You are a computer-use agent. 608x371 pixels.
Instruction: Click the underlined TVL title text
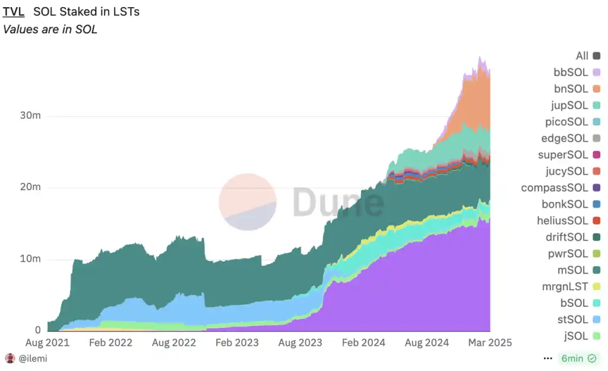[x=14, y=11]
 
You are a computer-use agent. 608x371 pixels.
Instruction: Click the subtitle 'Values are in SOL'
[x=50, y=30]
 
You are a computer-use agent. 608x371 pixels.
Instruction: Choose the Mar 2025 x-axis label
[x=489, y=343]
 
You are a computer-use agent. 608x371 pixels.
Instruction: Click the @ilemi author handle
[x=33, y=359]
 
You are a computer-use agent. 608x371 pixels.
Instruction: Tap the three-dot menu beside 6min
[x=548, y=359]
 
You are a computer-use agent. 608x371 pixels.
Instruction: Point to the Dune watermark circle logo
[x=248, y=202]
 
